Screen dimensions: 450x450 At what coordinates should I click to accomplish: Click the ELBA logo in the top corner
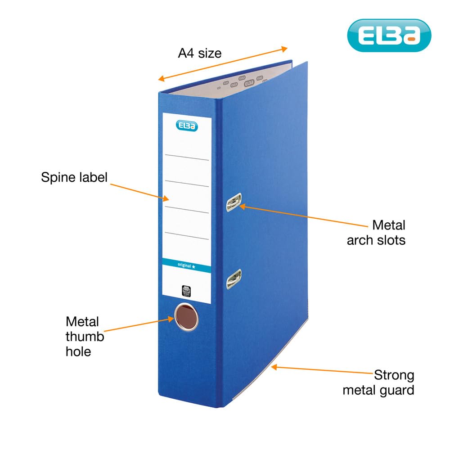point(389,36)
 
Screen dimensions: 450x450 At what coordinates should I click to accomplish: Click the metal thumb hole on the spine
point(186,317)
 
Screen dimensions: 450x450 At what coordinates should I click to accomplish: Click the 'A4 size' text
point(200,53)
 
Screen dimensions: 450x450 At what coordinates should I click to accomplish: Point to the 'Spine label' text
point(74,177)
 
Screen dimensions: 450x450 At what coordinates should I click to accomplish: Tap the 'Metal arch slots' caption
point(376,232)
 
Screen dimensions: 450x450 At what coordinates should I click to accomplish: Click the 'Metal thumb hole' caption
point(85,336)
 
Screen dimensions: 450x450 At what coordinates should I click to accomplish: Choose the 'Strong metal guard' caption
point(378,382)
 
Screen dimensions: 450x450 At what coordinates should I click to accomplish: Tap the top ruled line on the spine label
point(187,159)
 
